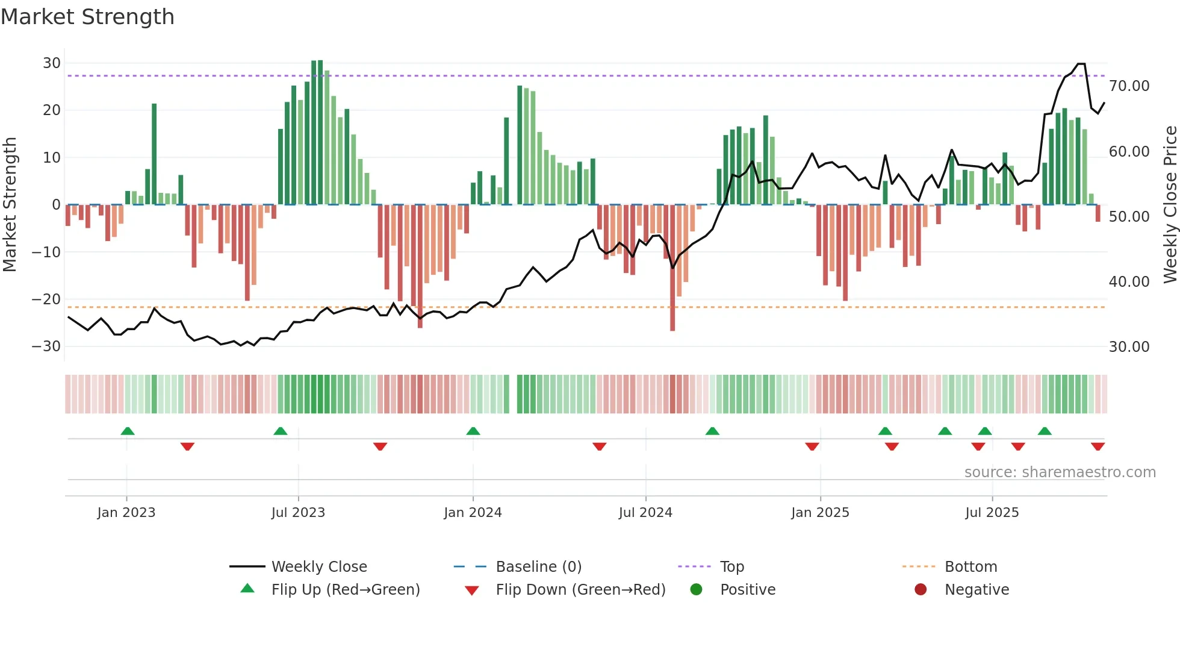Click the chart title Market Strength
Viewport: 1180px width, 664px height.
[87, 17]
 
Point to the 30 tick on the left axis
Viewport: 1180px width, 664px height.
[52, 63]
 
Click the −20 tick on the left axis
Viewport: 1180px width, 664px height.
[46, 299]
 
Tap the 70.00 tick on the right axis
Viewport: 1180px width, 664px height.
[1129, 86]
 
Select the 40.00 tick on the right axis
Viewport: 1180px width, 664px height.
[1129, 281]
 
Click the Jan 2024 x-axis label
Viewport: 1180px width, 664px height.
[473, 513]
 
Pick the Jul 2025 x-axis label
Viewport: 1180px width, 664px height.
[992, 513]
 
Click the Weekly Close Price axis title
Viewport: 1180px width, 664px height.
[1170, 205]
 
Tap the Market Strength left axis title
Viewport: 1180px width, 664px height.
[10, 205]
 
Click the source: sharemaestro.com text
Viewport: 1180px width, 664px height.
[1060, 472]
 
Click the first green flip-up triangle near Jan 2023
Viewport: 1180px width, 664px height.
[128, 431]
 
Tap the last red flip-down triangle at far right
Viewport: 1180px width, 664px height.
[1098, 446]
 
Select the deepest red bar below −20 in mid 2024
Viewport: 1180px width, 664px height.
[672, 301]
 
